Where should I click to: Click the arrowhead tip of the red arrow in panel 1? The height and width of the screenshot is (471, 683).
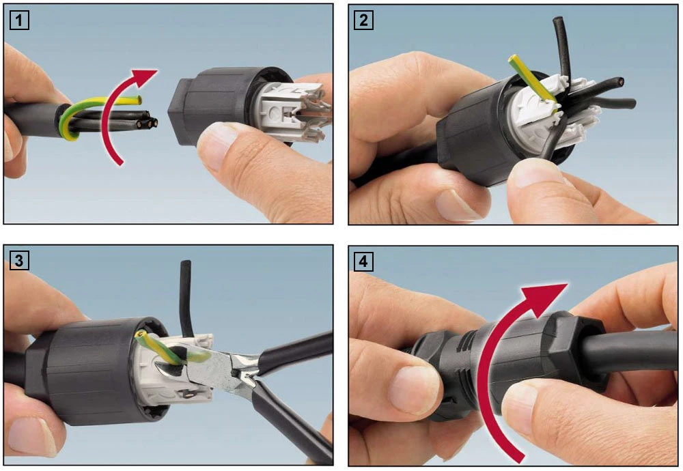coord(157,70)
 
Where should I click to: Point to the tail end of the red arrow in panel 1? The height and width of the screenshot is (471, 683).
coord(121,165)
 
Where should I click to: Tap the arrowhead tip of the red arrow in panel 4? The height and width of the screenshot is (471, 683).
coord(568,284)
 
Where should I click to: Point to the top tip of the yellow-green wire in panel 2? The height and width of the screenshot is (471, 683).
coord(513,58)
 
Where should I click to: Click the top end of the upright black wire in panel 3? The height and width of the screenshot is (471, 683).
coord(186,262)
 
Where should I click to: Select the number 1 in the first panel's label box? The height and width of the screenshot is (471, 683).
coord(19,20)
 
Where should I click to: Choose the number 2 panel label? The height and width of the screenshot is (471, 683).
coord(363,20)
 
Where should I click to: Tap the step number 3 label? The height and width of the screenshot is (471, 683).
coord(19,261)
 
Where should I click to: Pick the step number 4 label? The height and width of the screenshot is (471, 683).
coord(363,261)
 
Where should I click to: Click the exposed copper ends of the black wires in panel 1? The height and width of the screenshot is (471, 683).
coord(148,122)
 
